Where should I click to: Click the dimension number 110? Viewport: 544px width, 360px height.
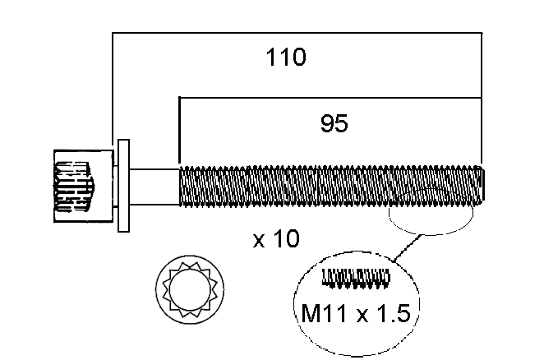click(x=286, y=58)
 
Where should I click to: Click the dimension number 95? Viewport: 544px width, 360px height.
click(x=334, y=124)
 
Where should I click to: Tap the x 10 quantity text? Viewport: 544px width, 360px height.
click(x=276, y=240)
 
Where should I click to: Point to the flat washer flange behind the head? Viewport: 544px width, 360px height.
click(x=124, y=186)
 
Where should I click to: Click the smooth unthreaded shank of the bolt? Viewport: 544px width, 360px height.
click(x=154, y=186)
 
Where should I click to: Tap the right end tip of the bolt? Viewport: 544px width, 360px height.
click(x=483, y=186)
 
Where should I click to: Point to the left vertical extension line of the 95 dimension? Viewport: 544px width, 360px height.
click(x=179, y=132)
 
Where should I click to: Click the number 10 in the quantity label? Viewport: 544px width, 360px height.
click(x=287, y=240)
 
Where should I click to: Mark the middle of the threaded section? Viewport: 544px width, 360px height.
click(x=331, y=186)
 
